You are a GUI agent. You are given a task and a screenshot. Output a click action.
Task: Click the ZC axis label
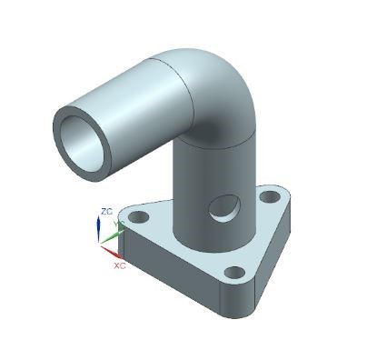(106, 211)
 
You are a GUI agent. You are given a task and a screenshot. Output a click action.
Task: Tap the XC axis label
(119, 267)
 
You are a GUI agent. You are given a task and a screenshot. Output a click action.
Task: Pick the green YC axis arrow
(112, 234)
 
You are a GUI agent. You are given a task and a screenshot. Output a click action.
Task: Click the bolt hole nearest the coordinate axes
(138, 218)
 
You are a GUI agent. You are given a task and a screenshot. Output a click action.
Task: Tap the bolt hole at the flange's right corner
(270, 196)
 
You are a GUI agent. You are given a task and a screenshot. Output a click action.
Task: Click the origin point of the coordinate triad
(101, 243)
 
